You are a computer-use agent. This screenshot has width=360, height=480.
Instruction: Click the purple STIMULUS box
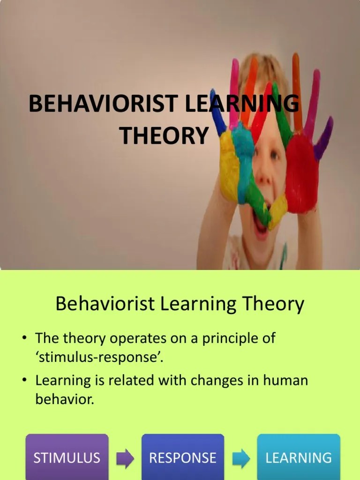(67, 457)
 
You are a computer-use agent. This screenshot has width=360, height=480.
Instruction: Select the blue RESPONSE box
(183, 457)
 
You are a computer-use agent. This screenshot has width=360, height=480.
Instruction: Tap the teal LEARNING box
(299, 457)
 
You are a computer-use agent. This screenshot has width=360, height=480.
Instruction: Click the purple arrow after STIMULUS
(125, 458)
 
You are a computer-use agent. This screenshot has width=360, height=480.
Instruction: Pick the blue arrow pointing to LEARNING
(241, 458)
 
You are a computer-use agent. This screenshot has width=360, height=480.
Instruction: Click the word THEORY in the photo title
(164, 135)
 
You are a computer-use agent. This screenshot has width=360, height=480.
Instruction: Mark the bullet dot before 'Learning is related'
(27, 380)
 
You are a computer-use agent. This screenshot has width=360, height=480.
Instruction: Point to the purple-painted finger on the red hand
(324, 138)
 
